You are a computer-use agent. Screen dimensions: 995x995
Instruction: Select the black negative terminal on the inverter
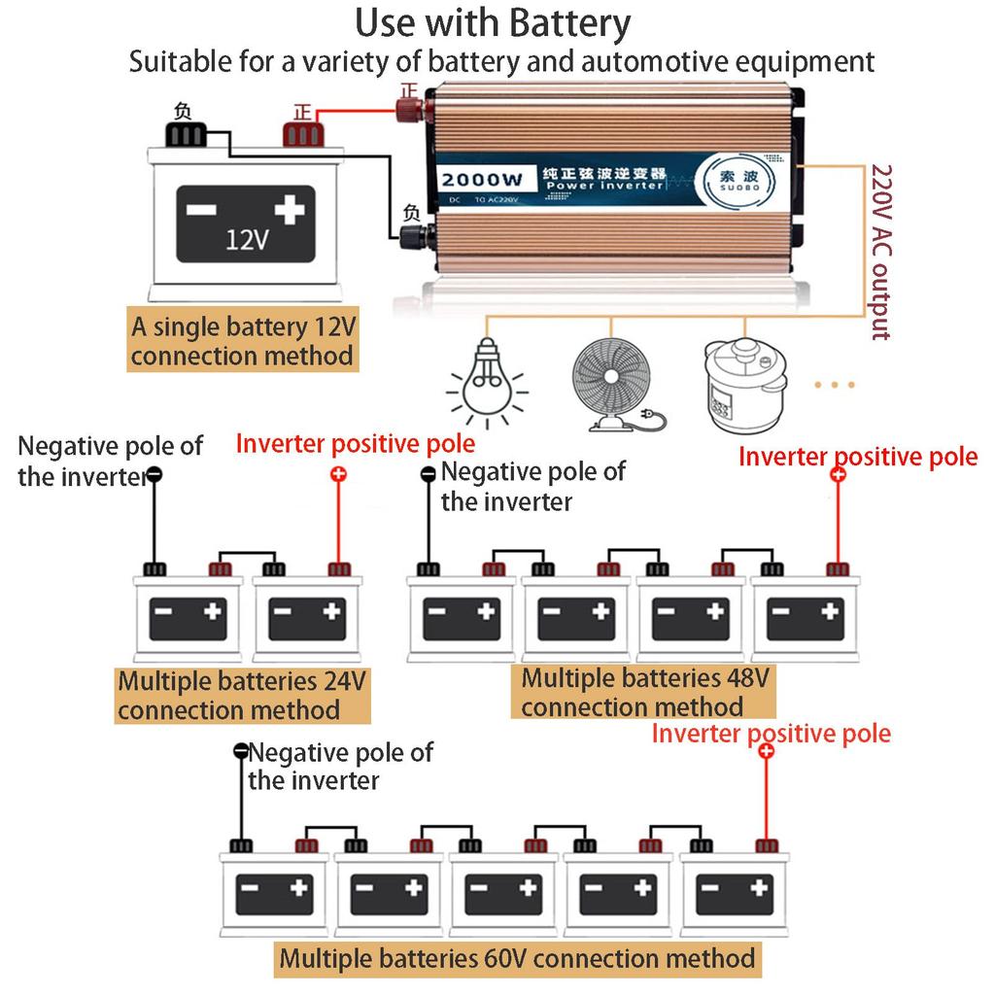pyautogui.click(x=411, y=236)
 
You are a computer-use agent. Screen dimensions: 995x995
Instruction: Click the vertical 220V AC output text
pyautogui.click(x=881, y=251)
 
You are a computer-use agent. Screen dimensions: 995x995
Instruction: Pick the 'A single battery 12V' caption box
pyautogui.click(x=242, y=339)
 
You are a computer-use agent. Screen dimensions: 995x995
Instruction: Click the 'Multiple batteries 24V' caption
pyautogui.click(x=242, y=695)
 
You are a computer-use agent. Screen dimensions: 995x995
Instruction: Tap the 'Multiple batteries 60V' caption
pyautogui.click(x=517, y=959)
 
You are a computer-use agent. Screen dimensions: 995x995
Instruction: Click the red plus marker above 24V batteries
pyautogui.click(x=338, y=474)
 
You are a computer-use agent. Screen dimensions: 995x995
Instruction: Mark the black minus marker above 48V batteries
pyautogui.click(x=428, y=474)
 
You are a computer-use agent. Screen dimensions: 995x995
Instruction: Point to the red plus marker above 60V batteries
pyautogui.click(x=766, y=752)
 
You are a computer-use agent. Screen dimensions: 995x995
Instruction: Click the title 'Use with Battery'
pyautogui.click(x=493, y=23)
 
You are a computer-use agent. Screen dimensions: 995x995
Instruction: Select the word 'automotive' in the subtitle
pyautogui.click(x=589, y=62)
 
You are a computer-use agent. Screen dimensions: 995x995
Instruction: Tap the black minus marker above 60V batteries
pyautogui.click(x=241, y=751)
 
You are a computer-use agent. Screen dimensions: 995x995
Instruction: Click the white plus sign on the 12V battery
pyautogui.click(x=289, y=208)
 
